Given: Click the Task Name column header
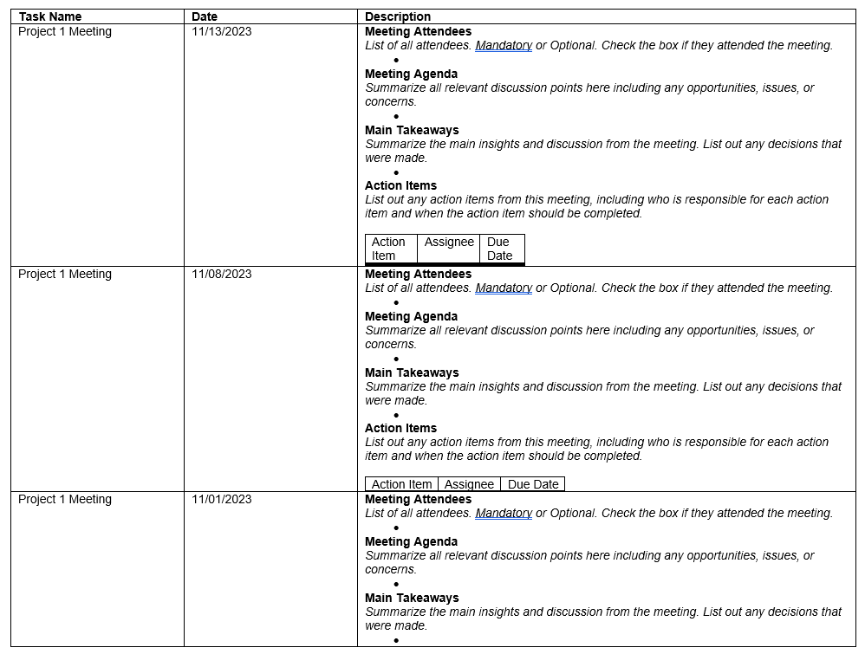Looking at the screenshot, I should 50,16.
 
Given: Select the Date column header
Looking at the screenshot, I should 205,16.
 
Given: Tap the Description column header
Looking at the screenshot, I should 398,16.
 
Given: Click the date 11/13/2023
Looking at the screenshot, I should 222,31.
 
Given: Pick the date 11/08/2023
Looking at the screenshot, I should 222,274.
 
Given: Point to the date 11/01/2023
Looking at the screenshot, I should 222,499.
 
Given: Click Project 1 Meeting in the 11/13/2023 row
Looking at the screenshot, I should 65,31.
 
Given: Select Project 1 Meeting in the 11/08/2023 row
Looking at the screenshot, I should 65,274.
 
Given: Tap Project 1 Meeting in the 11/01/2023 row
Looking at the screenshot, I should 65,499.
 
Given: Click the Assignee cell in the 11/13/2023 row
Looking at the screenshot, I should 449,243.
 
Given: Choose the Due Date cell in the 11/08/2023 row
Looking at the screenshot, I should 533,484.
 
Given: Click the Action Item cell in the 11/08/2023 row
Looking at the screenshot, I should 401,484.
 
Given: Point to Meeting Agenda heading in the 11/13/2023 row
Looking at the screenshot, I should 411,74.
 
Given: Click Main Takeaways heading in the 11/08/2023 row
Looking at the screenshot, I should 412,372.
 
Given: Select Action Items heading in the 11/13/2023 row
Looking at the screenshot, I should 400,185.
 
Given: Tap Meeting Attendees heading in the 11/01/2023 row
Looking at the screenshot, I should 418,499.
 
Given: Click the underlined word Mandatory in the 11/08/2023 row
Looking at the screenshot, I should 504,288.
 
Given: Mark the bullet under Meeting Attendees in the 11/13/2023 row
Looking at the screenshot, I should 396,60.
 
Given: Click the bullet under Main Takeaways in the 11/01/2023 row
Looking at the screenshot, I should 396,640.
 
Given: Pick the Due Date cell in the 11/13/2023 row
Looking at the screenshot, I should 500,249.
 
